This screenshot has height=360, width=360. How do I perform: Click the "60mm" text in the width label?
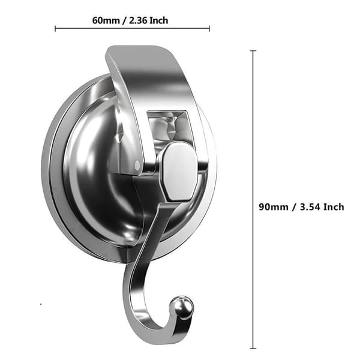tap(106, 20)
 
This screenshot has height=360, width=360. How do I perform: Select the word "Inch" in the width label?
tap(159, 20)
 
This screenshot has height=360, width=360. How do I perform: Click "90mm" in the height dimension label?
tap(273, 207)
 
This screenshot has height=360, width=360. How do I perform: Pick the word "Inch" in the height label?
tap(334, 207)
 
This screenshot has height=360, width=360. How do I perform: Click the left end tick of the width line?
tap(55, 29)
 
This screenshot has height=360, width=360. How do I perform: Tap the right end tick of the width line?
tap(209, 29)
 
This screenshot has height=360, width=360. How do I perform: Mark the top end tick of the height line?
tap(253, 50)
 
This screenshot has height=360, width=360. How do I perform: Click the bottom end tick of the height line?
tap(253, 348)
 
